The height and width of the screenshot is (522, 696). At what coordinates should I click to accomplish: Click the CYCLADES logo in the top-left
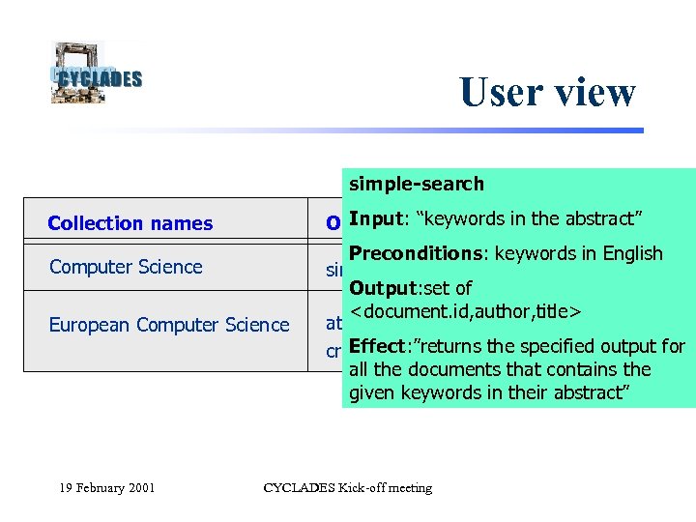pos(96,72)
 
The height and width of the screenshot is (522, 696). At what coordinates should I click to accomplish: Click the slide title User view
pos(547,92)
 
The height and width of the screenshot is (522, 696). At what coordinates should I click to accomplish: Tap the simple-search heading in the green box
pos(417,184)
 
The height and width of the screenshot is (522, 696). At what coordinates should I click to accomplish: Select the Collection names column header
pos(130,223)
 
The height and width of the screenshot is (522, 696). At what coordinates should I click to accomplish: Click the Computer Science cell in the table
pos(126,267)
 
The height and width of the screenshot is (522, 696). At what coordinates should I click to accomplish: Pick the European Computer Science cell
pos(169,325)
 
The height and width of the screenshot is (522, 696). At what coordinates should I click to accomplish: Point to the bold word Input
pos(374,218)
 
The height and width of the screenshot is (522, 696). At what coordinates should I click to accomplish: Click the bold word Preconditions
pos(418,253)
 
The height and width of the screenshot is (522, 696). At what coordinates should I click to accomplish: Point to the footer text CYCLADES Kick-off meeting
pos(348,487)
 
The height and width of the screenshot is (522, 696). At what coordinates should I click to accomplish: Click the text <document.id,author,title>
pos(464,311)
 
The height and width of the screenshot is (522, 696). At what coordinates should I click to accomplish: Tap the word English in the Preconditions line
pos(628,253)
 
